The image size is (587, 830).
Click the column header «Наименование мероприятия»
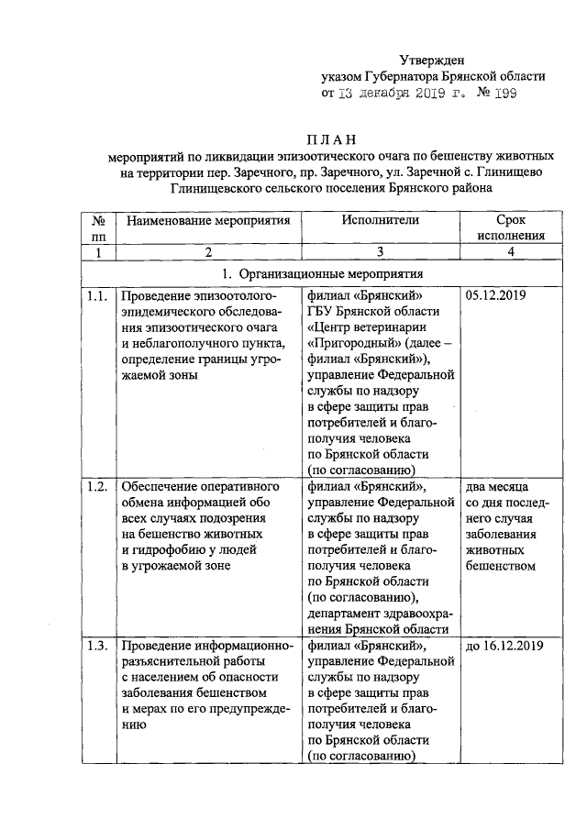208,220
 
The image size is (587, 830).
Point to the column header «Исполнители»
380,220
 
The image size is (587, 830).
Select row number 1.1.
97,295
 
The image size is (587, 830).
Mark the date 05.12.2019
499,295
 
